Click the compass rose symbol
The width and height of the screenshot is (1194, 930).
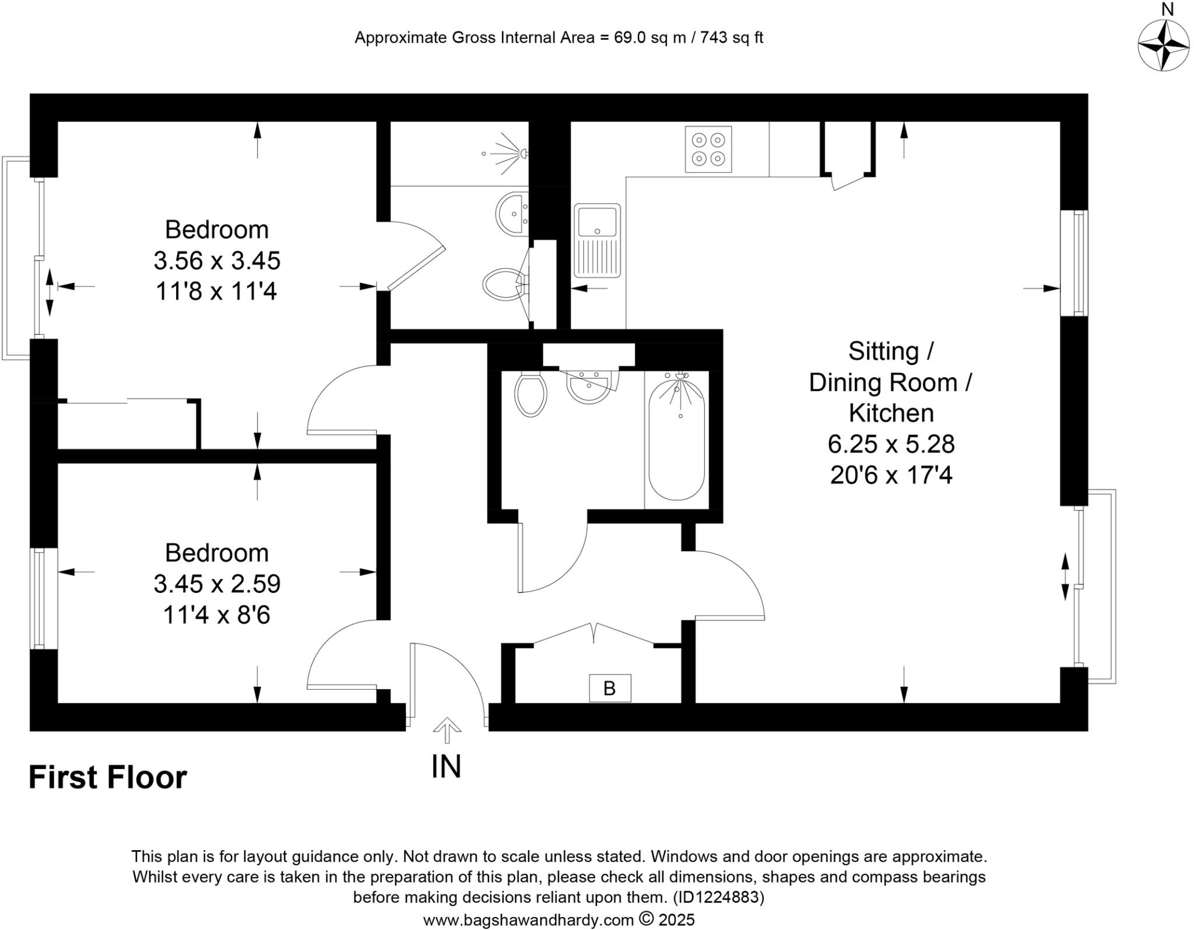point(1163,45)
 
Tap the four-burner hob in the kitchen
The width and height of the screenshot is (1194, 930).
point(708,150)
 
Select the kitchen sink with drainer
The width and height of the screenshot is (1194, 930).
point(596,240)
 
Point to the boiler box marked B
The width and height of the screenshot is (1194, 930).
point(609,688)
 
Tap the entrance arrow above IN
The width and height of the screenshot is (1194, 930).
point(447,729)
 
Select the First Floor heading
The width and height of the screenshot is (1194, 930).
point(108,777)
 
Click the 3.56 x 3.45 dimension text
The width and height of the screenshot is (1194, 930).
point(217,261)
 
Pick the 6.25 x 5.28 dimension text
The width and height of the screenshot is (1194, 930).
point(891,444)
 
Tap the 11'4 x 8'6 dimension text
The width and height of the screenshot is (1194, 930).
point(217,615)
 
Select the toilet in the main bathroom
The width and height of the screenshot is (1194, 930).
point(531,395)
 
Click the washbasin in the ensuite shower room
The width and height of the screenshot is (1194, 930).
point(512,213)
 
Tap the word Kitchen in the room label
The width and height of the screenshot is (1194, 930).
point(891,413)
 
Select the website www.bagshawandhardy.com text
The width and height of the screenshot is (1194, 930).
point(528,920)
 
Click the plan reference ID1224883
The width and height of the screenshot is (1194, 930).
point(718,897)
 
